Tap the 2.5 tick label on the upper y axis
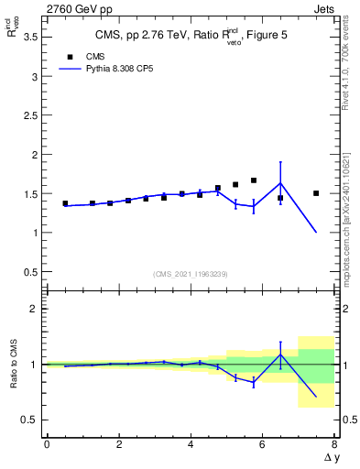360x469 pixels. click(29, 115)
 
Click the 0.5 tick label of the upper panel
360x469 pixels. click(29, 272)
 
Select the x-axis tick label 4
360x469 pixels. click(191, 444)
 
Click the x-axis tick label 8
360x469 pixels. click(334, 444)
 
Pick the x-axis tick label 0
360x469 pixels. click(47, 444)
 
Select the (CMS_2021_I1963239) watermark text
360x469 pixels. click(190, 273)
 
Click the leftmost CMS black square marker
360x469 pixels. click(65, 203)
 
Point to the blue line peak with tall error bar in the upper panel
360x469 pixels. click(280, 182)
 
